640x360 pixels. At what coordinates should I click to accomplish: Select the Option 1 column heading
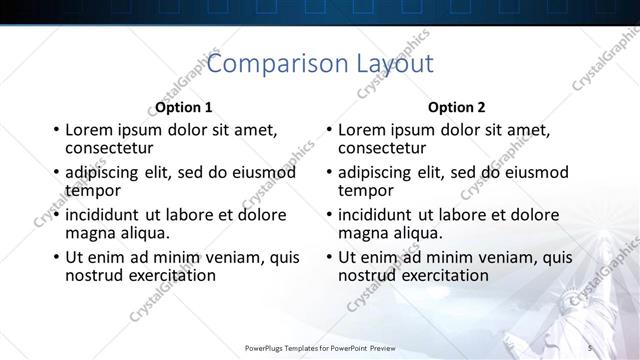[184, 107]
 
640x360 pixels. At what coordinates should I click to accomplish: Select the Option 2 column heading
[456, 107]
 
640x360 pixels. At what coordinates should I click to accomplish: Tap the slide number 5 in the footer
[590, 347]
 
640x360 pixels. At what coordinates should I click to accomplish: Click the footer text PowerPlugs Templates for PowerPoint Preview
[320, 347]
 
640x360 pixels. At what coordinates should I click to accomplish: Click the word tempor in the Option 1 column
[93, 190]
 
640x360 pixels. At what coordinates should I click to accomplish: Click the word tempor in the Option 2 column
[365, 190]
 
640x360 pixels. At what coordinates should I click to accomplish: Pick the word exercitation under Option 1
[168, 275]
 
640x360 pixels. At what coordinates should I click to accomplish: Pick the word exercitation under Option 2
[441, 275]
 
